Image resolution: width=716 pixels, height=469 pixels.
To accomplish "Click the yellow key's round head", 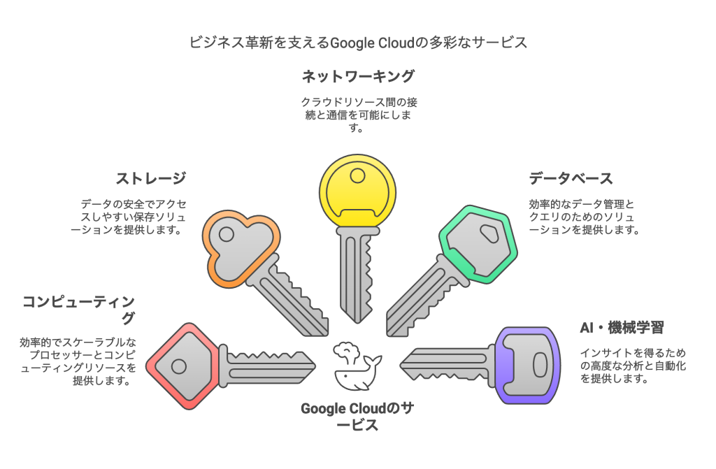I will click(357, 187).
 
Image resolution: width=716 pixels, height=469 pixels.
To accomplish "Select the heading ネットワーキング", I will click(358, 76).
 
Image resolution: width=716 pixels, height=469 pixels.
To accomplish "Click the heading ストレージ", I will click(151, 178).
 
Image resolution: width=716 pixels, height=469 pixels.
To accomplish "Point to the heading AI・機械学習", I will click(622, 327).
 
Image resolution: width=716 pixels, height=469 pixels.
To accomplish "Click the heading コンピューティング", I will click(78, 310).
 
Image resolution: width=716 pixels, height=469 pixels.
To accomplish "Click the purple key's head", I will click(529, 363).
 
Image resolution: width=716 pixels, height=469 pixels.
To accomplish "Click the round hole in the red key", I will click(179, 366).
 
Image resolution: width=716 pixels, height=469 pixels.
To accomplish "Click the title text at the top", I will click(358, 43).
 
